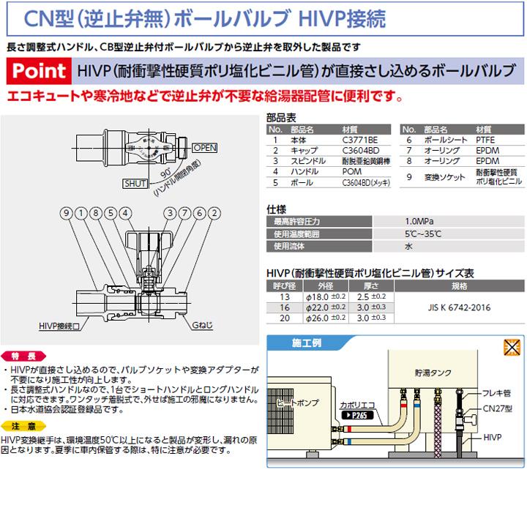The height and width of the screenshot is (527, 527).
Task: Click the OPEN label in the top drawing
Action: click(x=206, y=147)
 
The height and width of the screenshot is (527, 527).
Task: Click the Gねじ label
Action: click(x=204, y=324)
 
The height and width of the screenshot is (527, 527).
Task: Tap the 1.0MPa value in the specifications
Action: click(x=417, y=221)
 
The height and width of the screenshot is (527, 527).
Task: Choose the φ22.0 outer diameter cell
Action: click(x=330, y=308)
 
